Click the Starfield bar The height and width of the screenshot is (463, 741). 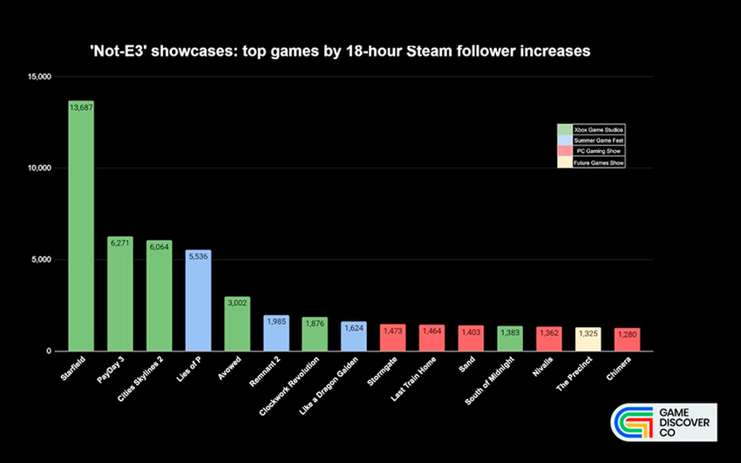(x=81, y=227)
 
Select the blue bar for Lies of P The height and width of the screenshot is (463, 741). (x=198, y=301)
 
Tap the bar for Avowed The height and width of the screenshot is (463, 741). (x=237, y=324)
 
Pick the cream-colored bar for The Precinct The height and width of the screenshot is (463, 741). (x=588, y=340)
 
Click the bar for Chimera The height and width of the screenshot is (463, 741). (x=627, y=341)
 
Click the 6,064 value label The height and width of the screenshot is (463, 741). (x=159, y=246)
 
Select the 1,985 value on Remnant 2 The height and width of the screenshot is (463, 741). (x=275, y=320)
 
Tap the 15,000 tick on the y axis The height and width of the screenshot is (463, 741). (x=38, y=77)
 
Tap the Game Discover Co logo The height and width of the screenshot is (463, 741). (x=663, y=425)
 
